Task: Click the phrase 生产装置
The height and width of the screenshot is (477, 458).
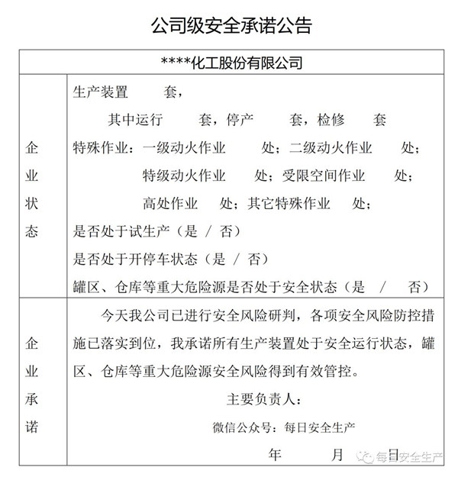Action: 100,92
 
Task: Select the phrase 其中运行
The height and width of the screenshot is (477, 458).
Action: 136,120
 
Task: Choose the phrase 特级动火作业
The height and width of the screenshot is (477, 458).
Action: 184,176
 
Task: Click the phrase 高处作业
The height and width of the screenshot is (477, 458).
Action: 170,204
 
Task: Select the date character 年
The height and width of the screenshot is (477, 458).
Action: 276,456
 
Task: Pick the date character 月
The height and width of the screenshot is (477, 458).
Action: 337,456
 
